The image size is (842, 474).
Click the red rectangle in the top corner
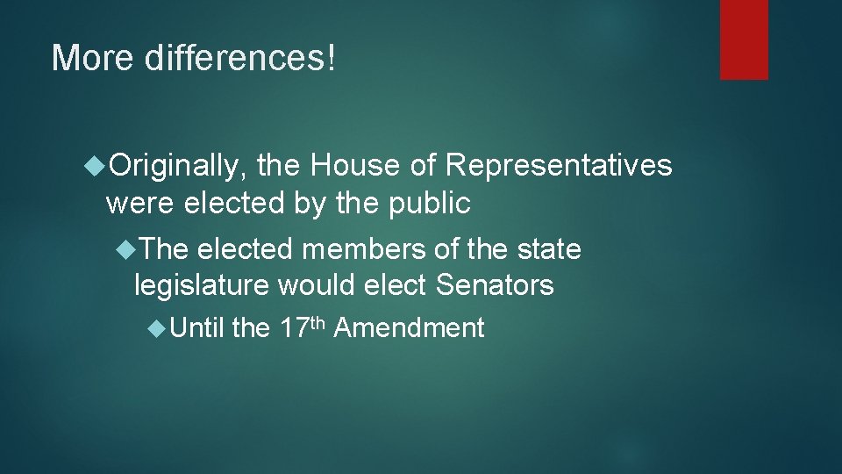[744, 39]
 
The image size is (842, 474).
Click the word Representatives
[559, 165]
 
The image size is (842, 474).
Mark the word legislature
[202, 285]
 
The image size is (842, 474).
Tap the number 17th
[302, 327]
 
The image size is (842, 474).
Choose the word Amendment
[409, 328]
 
